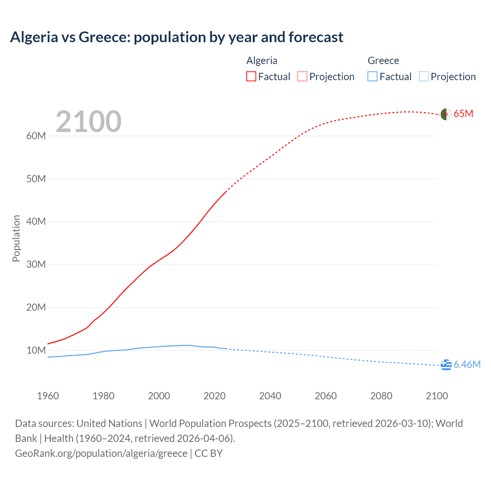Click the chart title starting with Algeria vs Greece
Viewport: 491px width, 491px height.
(x=176, y=37)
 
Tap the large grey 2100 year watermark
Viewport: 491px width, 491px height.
(x=89, y=122)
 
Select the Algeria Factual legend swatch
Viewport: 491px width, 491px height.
(x=251, y=76)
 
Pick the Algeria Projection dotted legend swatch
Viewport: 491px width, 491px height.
(x=302, y=76)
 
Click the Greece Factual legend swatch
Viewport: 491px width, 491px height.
(x=372, y=76)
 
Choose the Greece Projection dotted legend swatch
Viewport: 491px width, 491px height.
(x=423, y=76)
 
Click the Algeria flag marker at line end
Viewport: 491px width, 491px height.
(x=446, y=114)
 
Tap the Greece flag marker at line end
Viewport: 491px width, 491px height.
(x=446, y=365)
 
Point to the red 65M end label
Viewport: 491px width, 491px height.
(x=463, y=114)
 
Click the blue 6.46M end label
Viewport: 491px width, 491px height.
(x=467, y=365)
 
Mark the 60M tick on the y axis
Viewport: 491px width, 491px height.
(x=36, y=136)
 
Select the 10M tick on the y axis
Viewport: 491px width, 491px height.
(x=36, y=350)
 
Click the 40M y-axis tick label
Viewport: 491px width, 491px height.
(x=36, y=222)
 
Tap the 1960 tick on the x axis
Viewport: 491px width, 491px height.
(x=48, y=396)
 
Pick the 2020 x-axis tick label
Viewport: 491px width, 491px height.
(x=214, y=396)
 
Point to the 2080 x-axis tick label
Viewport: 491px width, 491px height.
(x=381, y=396)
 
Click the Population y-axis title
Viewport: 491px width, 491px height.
(x=16, y=238)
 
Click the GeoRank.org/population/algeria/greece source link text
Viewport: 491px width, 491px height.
(x=101, y=453)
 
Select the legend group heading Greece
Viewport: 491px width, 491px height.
(x=383, y=61)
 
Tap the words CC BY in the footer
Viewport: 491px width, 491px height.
(x=209, y=453)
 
